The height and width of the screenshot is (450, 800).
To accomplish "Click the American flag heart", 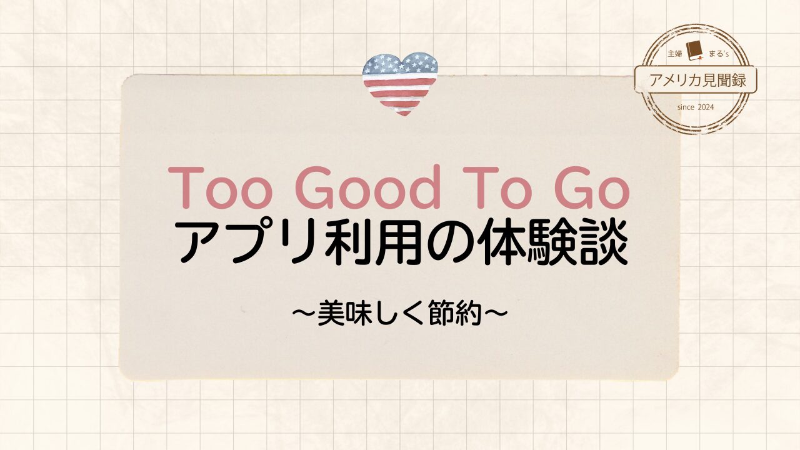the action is [400, 84].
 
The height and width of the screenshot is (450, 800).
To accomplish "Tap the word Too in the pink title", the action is [219, 188].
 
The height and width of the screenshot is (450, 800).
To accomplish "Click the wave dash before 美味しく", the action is [304, 313].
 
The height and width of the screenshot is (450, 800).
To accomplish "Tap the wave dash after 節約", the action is [495, 313].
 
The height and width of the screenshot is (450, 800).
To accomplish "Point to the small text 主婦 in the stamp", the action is [674, 54].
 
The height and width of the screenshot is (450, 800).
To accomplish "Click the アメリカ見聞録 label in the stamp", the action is [696, 79].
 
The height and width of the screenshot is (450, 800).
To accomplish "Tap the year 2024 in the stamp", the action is [706, 107].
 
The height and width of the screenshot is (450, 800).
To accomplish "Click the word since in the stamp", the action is [686, 107].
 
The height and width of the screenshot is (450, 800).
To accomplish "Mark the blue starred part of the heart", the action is [400, 64].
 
